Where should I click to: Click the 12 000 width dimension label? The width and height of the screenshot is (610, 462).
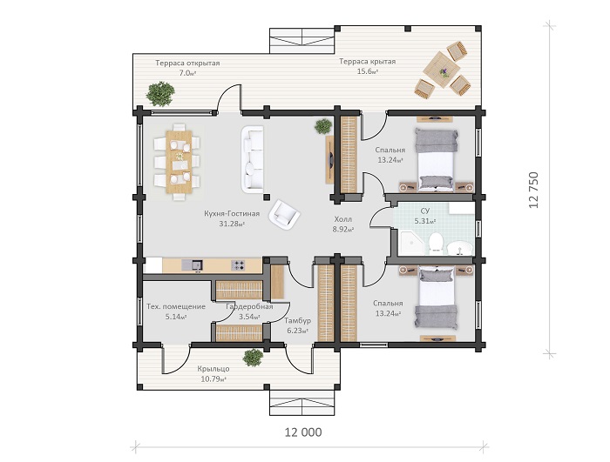click(303, 432)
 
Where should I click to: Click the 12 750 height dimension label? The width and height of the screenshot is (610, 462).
click(533, 190)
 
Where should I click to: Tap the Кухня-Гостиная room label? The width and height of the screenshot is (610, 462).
click(232, 214)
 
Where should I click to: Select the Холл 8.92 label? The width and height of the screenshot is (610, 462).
click(342, 224)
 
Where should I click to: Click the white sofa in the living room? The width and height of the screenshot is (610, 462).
click(253, 158)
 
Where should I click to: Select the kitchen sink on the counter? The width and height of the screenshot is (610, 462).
click(192, 265)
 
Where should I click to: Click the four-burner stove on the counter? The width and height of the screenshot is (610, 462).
click(238, 265)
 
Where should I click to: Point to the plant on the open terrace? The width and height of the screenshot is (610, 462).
click(159, 94)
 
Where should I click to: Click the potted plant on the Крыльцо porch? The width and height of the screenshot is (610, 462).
click(254, 358)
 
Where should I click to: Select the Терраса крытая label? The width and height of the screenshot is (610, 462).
click(367, 62)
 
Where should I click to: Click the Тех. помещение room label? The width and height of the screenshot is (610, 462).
click(176, 306)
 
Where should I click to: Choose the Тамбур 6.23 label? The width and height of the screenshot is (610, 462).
click(298, 325)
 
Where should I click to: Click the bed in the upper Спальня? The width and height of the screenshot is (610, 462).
click(436, 160)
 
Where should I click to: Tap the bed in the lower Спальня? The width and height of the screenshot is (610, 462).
click(436, 298)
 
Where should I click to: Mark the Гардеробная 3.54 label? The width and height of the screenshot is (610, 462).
click(249, 311)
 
